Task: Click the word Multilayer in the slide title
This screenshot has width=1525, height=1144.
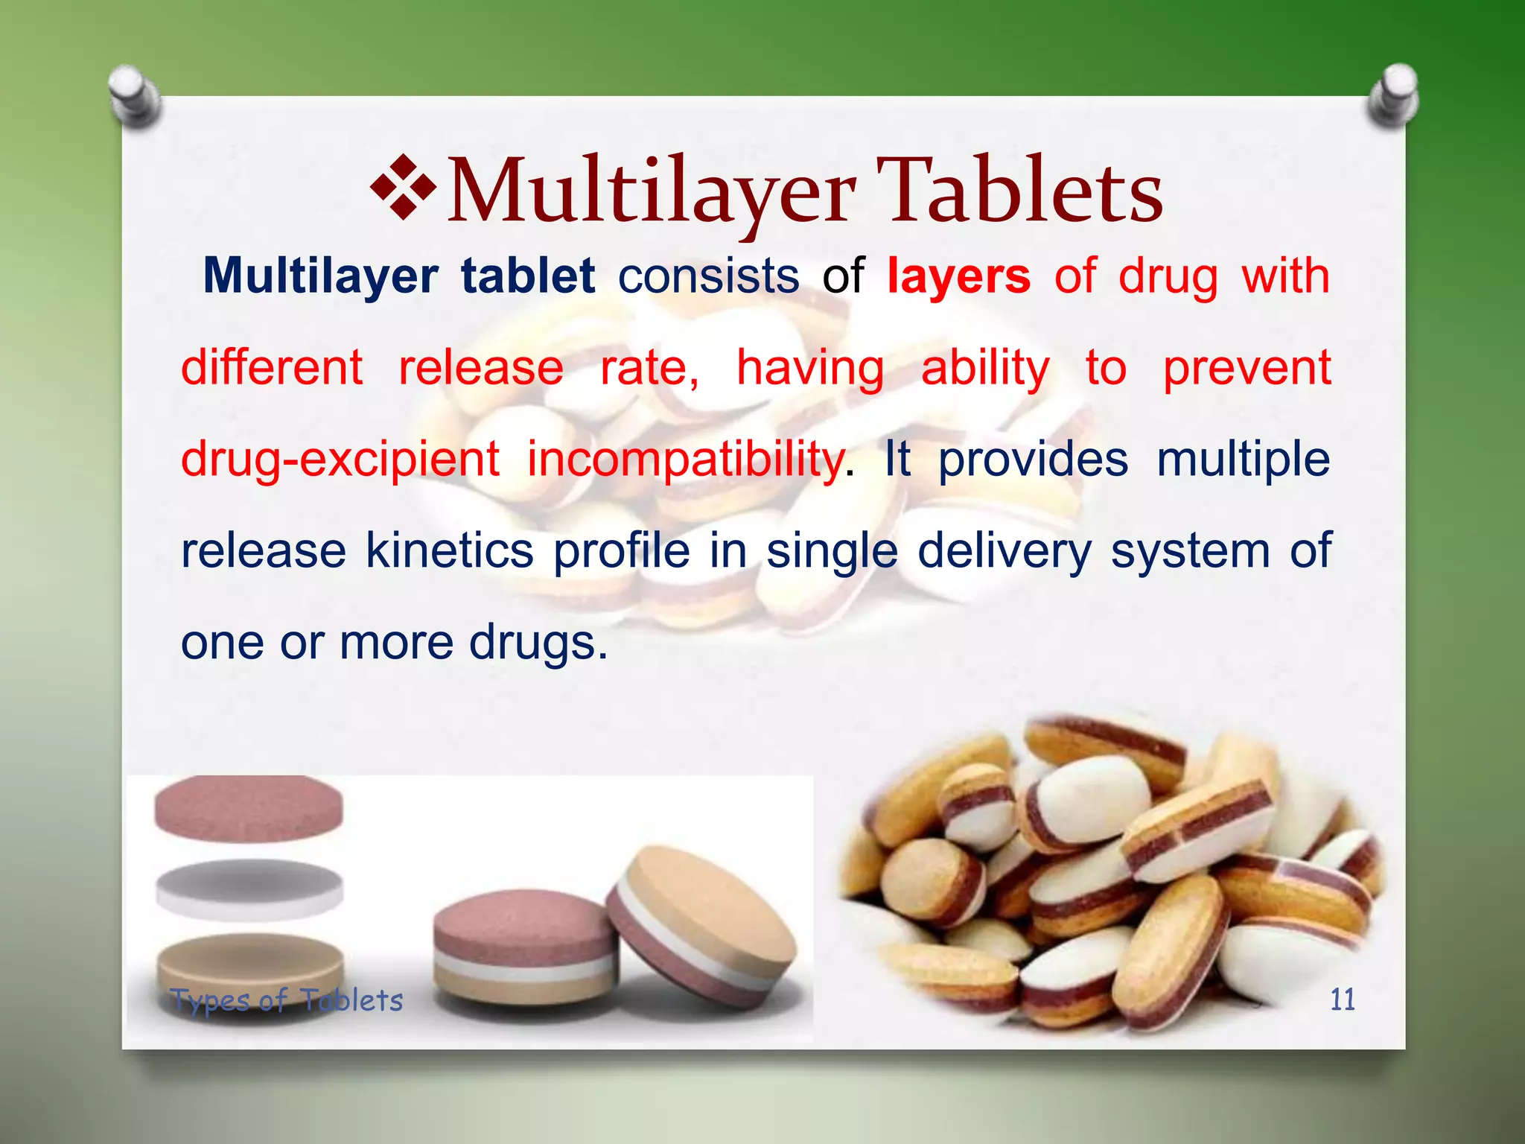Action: pos(652,192)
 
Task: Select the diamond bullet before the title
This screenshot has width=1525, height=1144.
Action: pos(403,187)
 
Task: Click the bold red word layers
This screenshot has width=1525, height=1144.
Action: pos(959,276)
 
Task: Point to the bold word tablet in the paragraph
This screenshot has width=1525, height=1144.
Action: pos(528,276)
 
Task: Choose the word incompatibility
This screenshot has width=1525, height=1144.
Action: pos(685,460)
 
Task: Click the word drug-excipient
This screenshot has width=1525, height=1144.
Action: pos(340,460)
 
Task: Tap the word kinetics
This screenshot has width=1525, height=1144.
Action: pos(449,551)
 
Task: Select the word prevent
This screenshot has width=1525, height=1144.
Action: pos(1247,368)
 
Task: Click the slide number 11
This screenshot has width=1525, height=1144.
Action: pos(1342,1000)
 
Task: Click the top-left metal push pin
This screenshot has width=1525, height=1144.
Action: pos(134,95)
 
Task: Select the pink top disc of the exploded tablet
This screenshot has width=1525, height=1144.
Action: pos(249,808)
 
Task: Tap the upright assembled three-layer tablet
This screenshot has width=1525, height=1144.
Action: pos(524,946)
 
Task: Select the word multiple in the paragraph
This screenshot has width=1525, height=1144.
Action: pos(1243,460)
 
